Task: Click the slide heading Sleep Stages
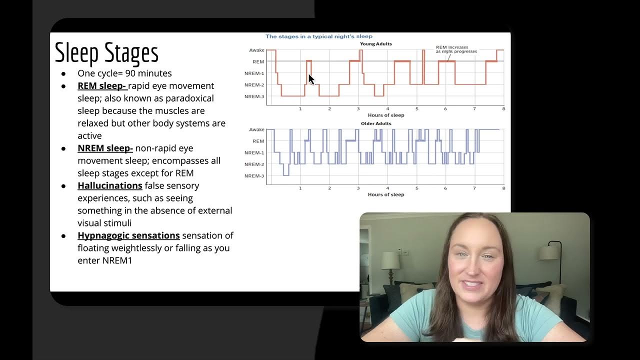(106, 52)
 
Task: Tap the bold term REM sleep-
(101, 86)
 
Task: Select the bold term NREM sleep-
(105, 148)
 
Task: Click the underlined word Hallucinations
(110, 186)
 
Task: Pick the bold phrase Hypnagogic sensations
(128, 235)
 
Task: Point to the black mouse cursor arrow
(311, 79)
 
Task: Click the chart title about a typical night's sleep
(318, 36)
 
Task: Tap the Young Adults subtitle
(375, 44)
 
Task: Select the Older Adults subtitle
(376, 123)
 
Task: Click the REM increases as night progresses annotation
(456, 49)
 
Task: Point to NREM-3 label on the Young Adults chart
(254, 96)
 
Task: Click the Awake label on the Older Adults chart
(256, 130)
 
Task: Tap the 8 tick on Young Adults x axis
(503, 108)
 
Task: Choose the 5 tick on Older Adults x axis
(416, 188)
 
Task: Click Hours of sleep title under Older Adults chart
(386, 194)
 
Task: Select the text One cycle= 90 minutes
(124, 73)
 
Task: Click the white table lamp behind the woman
(390, 261)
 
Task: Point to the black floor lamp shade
(550, 250)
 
